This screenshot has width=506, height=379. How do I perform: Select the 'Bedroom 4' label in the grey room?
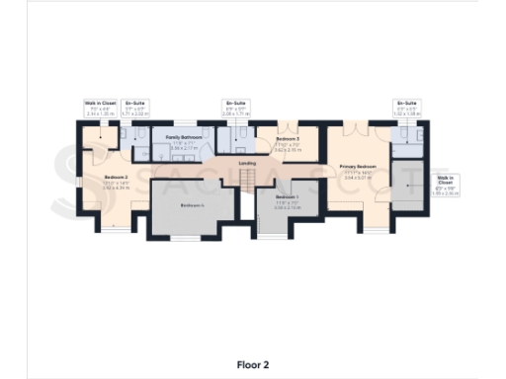(193, 204)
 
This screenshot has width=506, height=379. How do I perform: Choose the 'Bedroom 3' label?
(288, 140)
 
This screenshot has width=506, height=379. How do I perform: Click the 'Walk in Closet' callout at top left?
(100, 108)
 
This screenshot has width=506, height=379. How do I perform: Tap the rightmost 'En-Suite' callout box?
(406, 108)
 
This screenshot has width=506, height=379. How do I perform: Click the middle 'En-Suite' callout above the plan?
(235, 108)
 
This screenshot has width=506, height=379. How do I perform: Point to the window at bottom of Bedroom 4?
(185, 239)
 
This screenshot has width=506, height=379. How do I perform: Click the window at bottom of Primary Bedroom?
(370, 230)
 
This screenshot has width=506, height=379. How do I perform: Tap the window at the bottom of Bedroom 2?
(117, 230)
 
